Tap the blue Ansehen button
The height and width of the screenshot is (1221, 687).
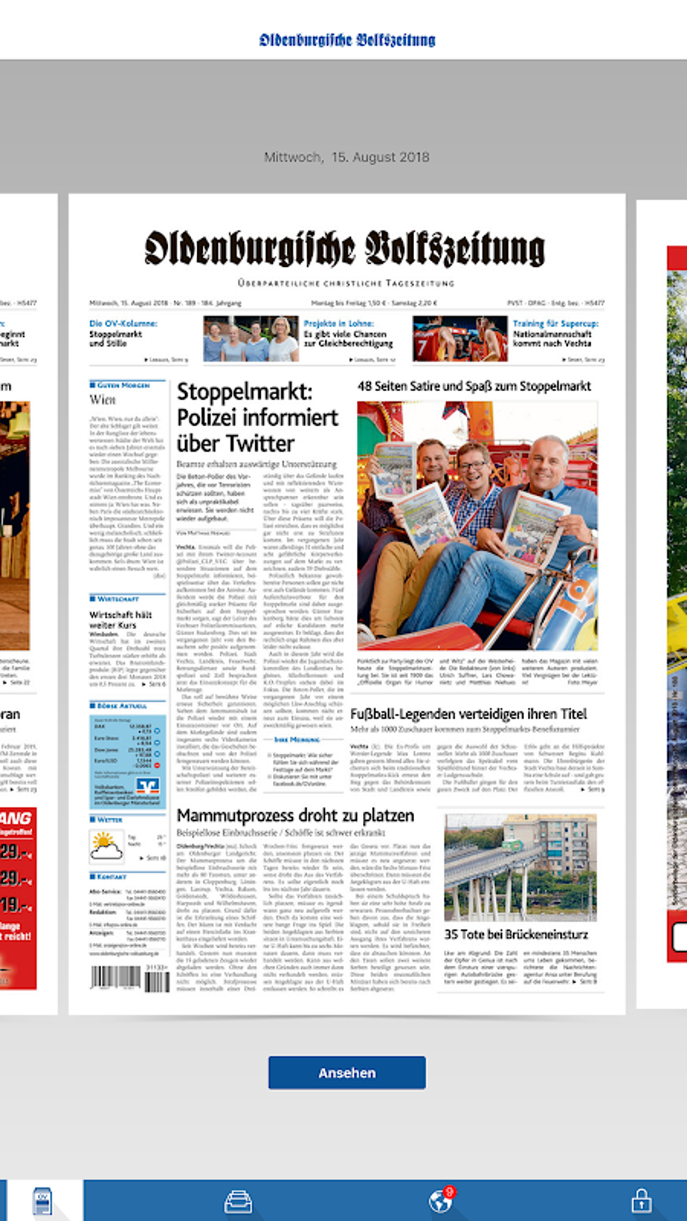coord(347,1072)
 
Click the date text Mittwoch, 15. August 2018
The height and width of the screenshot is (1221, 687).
coord(347,157)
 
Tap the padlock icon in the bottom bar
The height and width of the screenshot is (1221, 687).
coord(641,1200)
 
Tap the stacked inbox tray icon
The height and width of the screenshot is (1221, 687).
coord(238,1201)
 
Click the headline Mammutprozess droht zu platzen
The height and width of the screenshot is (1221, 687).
coord(295,816)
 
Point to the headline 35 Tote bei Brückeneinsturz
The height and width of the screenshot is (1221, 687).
coord(516,934)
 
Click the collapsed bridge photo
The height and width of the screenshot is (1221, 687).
coord(520,867)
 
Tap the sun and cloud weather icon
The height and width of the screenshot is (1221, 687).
coord(106,846)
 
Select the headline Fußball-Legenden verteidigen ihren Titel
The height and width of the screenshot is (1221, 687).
coord(468,714)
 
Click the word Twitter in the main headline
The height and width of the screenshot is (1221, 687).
coord(262,444)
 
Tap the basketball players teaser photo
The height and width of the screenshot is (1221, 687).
coord(460,339)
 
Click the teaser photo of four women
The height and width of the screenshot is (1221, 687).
coord(251,339)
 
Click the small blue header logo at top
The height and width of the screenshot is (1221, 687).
coord(347,40)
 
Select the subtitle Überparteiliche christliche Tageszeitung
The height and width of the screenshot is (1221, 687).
coord(346,284)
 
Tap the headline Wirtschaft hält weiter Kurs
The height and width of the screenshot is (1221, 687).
coord(121,620)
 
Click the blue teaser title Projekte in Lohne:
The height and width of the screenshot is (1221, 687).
coord(338,324)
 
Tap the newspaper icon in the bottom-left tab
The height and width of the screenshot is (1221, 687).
coord(42,1201)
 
